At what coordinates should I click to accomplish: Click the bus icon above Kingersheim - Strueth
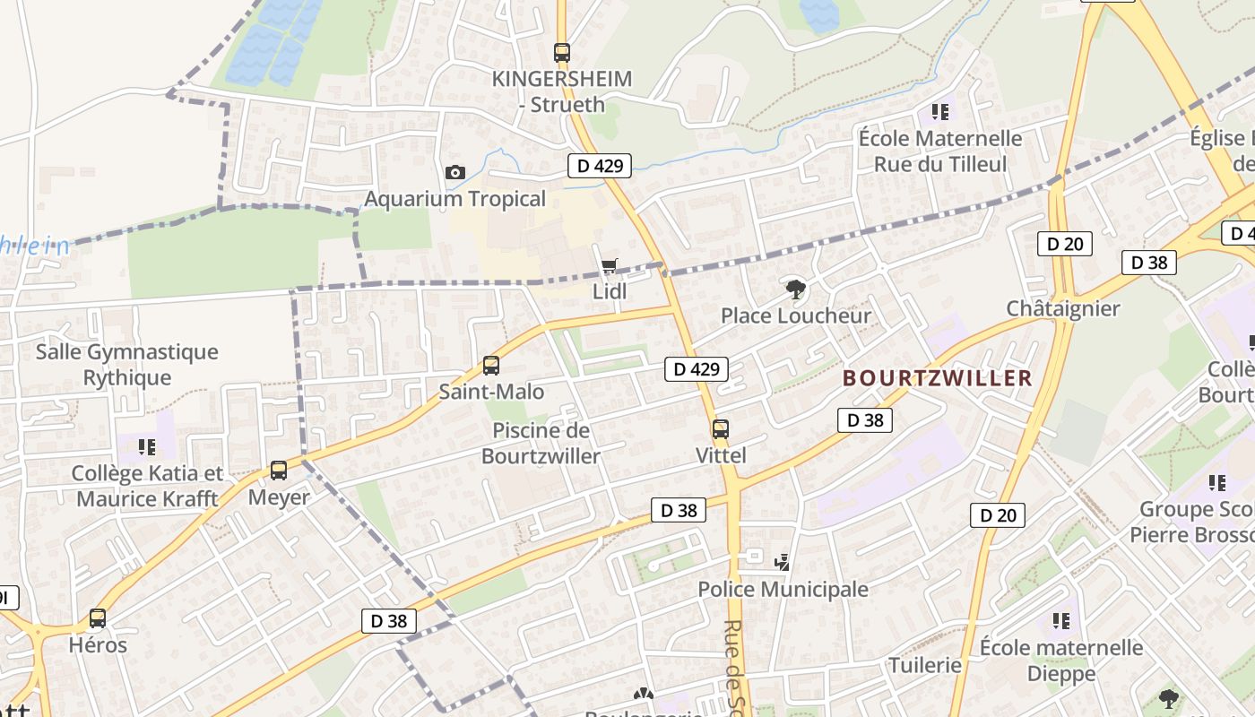point(562,53)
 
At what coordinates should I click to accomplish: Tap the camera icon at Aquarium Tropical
point(454,172)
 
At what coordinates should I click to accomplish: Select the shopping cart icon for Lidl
point(610,265)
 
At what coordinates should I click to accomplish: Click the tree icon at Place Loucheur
point(794,289)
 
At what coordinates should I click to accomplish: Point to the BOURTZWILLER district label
point(938,378)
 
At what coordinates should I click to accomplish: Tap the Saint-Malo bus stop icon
point(491,366)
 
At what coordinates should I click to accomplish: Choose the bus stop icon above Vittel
point(721,429)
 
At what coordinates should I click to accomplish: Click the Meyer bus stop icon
point(279,471)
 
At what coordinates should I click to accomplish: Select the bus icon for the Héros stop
point(98,618)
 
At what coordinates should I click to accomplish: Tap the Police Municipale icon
point(783,562)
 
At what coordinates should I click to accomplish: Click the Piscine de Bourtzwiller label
point(541,444)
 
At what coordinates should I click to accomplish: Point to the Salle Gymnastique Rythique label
point(127,365)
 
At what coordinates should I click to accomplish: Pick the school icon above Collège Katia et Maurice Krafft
point(148,446)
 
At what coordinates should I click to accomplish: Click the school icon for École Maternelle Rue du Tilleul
point(939,112)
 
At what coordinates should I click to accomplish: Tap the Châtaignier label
point(1063,309)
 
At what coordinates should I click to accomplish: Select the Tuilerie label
point(924,665)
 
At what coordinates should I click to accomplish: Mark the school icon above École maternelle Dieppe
point(1061,620)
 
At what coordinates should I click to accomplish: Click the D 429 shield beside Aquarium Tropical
point(600,165)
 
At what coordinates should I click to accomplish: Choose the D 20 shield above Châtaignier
point(1065,244)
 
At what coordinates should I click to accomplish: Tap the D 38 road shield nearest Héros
point(390,621)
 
